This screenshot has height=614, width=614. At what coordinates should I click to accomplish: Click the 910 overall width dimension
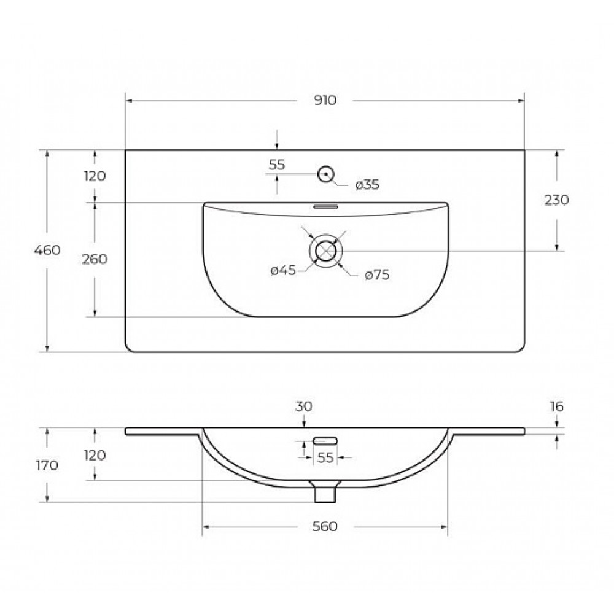(325, 100)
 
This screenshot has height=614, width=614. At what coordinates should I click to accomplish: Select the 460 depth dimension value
(47, 251)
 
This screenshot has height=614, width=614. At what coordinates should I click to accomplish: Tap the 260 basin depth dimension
(95, 259)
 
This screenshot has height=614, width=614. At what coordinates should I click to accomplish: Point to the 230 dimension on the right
(556, 200)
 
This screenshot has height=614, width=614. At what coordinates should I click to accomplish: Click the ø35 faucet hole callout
(367, 184)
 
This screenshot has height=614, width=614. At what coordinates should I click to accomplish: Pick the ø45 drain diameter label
(283, 270)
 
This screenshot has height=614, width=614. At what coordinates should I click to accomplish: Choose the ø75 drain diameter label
(377, 275)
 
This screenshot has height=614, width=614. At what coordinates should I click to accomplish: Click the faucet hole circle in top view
(325, 174)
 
